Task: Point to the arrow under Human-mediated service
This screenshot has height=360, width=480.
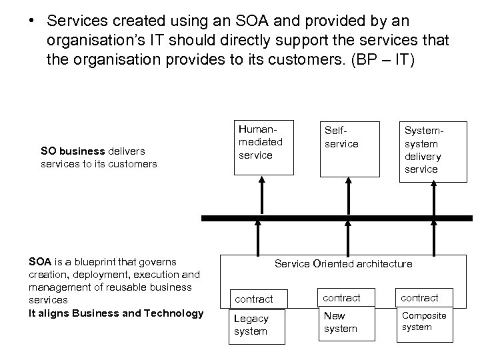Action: pyautogui.click(x=261, y=199)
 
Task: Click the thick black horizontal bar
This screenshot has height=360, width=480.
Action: pyautogui.click(x=333, y=219)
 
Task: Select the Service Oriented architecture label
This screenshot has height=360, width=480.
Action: pyautogui.click(x=343, y=263)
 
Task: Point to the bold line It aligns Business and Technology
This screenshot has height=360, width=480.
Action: pyautogui.click(x=117, y=313)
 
